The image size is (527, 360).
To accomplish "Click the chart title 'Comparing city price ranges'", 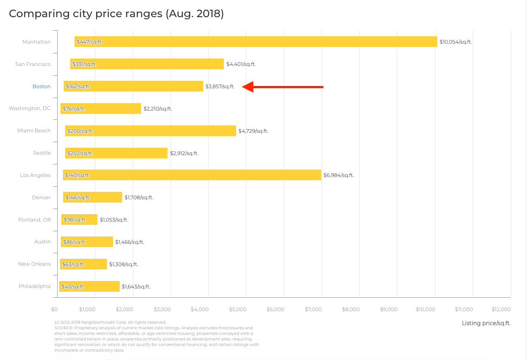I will coord(116,14).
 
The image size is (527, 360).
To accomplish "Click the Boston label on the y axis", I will coord(41,86).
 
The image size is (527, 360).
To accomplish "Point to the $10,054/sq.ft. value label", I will coord(455,42).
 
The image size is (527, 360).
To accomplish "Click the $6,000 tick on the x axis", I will coord(276,309).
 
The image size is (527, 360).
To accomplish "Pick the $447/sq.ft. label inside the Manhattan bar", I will coord(90,42).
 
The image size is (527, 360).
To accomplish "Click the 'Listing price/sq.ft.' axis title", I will coord(486,323).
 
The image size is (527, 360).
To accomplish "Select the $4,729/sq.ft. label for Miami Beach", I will coord(253,131).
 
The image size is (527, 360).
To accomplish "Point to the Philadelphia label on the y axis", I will coord(34,286).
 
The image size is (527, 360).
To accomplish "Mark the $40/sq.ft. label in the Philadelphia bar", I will coord(73,287).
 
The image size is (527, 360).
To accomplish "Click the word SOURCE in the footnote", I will coord(64,327).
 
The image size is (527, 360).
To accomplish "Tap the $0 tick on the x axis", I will coord(54,309).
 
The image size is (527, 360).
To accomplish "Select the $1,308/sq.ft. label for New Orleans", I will coord(124,264).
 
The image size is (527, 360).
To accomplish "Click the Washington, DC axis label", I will coord(30,108).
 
